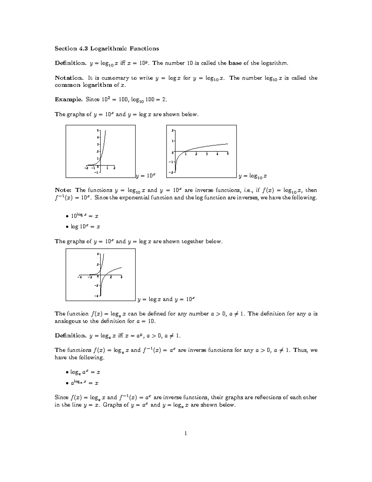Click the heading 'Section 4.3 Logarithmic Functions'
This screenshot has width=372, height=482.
[x=107, y=48]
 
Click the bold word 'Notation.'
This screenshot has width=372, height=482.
[x=69, y=78]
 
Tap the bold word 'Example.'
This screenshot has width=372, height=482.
[x=69, y=99]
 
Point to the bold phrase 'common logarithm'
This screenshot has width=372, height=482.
[x=83, y=85]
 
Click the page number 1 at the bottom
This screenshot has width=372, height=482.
[x=186, y=433]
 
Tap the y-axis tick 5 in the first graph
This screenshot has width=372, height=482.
[x=98, y=130]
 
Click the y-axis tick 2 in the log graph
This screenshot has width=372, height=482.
[x=173, y=130]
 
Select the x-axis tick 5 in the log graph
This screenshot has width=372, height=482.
[x=228, y=154]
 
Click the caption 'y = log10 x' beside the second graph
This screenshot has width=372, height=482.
[x=253, y=176]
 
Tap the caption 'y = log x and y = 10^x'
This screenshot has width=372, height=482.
[x=166, y=299]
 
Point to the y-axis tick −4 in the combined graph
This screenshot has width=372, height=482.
[x=97, y=296]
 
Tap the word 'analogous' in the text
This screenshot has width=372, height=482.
[x=67, y=321]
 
